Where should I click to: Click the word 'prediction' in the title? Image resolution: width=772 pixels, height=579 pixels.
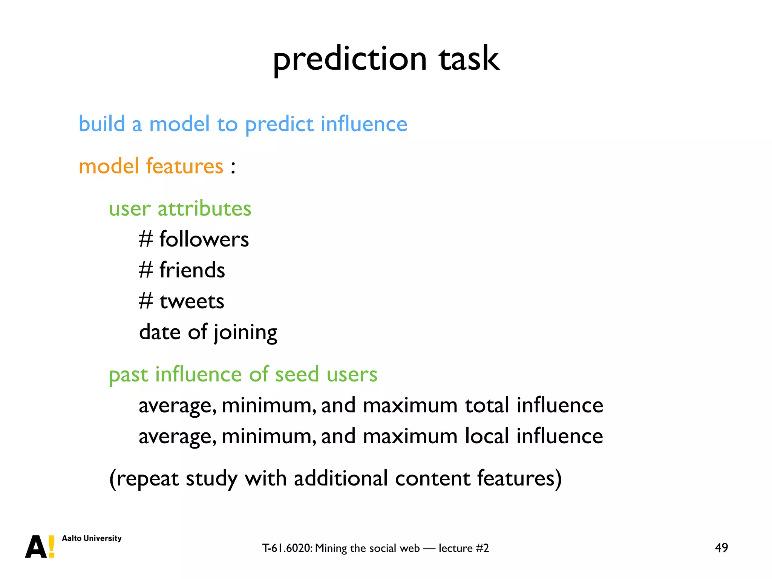[350, 60]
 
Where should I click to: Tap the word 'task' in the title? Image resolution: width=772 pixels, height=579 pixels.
[469, 60]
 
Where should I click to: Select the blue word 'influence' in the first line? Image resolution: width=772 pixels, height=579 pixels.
[364, 124]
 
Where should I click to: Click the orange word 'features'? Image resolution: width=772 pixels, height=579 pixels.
[184, 166]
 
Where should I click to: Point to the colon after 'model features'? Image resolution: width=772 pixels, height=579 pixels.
[233, 167]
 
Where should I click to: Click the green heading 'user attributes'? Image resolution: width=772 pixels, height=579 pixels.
[180, 209]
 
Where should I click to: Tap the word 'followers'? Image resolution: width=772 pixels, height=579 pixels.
[204, 240]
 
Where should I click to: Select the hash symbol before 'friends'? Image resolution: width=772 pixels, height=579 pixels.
[146, 270]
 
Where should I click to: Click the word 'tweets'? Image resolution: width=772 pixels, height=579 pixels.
[192, 302]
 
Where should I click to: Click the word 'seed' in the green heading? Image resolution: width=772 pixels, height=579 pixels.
[297, 375]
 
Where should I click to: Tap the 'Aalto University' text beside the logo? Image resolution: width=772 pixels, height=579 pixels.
[92, 538]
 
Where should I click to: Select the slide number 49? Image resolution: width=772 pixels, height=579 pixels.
[721, 548]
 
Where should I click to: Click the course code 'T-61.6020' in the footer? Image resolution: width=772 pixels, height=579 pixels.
[287, 548]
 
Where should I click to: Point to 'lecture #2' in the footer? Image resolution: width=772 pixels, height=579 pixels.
[464, 548]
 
